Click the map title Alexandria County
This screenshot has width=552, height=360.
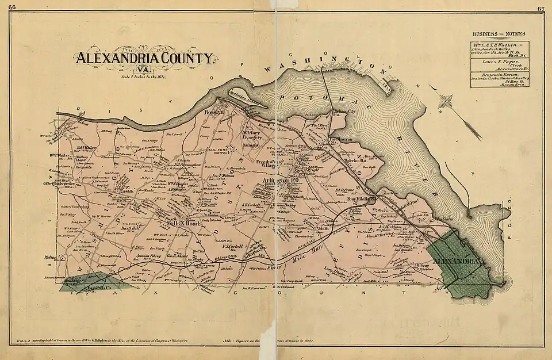pos(144,58)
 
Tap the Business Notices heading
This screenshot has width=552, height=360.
pos(499,34)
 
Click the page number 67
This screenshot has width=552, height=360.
pos(540,8)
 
